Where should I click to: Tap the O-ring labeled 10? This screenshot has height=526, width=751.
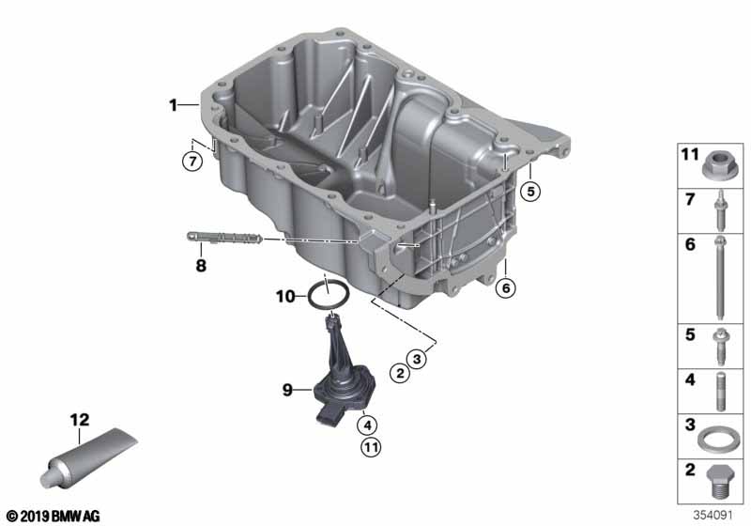(x=330, y=299)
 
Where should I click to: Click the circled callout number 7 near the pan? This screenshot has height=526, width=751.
(x=192, y=162)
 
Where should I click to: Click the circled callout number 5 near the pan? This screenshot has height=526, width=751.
(x=531, y=192)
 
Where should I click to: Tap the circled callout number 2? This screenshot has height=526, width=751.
(x=399, y=374)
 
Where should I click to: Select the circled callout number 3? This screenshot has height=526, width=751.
(x=420, y=358)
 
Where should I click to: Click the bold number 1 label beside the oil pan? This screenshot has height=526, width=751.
(x=173, y=105)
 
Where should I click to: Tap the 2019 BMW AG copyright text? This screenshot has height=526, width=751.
(x=53, y=516)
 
